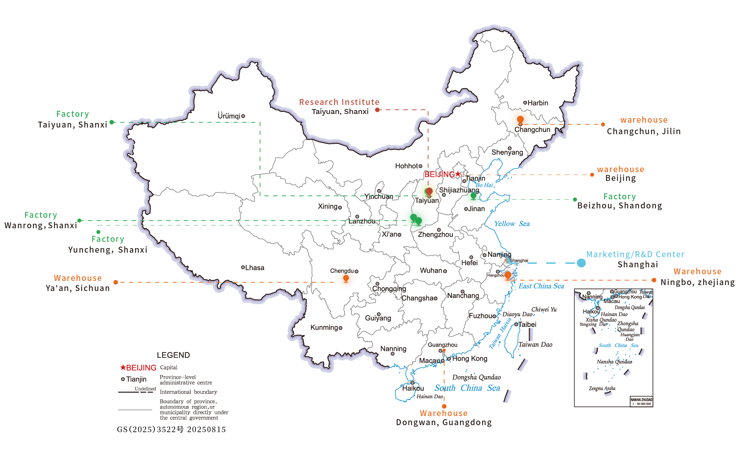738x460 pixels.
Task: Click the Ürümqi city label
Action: pyautogui.click(x=229, y=116)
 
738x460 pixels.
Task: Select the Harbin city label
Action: pyautogui.click(x=538, y=103)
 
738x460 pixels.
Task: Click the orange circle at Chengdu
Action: pyautogui.click(x=346, y=278)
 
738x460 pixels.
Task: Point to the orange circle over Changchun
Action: pyautogui.click(x=520, y=119)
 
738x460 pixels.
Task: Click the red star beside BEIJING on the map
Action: pyautogui.click(x=458, y=174)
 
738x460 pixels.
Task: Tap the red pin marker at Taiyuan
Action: pyautogui.click(x=429, y=191)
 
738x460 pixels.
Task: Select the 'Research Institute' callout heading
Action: pyautogui.click(x=339, y=102)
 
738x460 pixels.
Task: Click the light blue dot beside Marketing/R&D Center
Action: pyautogui.click(x=581, y=263)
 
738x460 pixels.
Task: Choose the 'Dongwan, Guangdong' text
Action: pyautogui.click(x=444, y=422)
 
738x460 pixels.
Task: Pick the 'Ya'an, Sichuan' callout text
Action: pyautogui.click(x=77, y=288)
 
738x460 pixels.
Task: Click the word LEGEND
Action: pyautogui.click(x=173, y=355)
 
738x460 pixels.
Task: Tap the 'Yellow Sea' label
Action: pyautogui.click(x=511, y=224)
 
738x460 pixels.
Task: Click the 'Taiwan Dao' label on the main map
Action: pyautogui.click(x=535, y=345)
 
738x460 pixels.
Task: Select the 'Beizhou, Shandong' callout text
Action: pyautogui.click(x=619, y=206)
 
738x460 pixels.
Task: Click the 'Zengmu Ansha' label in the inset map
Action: pyautogui.click(x=602, y=388)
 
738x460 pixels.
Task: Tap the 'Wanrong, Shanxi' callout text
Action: pyautogui.click(x=40, y=225)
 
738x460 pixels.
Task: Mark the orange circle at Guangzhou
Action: pyautogui.click(x=444, y=350)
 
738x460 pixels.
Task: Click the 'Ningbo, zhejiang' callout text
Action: pyautogui.click(x=698, y=282)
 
